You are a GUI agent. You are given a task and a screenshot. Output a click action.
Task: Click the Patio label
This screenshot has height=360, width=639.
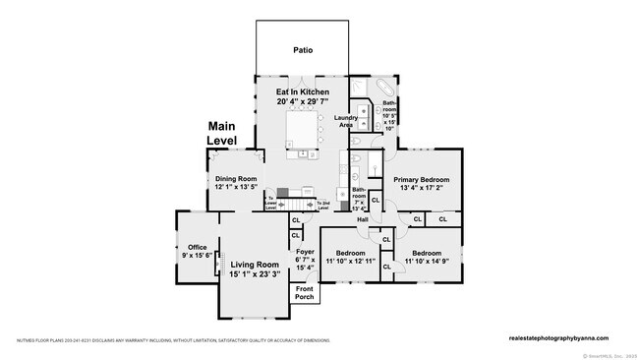click(302, 49)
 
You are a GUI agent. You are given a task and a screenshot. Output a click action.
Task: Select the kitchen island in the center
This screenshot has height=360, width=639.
click(303, 129)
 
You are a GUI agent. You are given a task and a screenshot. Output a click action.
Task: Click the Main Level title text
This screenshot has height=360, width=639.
click(222, 134)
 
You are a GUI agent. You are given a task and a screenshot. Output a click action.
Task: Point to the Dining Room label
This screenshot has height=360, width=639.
click(236, 179)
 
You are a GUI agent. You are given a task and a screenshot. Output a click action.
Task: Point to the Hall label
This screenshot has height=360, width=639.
click(363, 219)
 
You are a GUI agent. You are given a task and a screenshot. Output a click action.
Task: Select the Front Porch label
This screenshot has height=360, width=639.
click(305, 292)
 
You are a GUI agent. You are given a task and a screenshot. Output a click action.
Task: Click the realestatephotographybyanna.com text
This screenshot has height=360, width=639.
click(564, 336)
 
